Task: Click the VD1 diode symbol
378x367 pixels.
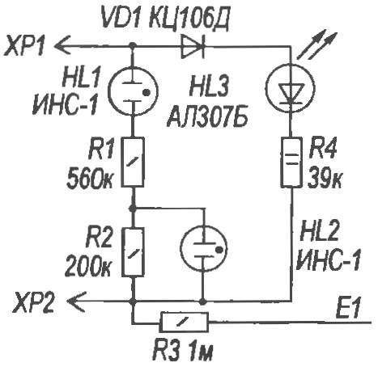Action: tap(193, 47)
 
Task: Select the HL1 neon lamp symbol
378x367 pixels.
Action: tap(133, 91)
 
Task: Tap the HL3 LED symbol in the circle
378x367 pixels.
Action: tap(291, 88)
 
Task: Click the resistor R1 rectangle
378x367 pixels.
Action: tap(133, 162)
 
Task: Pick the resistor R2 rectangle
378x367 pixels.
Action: tap(133, 252)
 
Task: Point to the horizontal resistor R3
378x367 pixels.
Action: tap(185, 323)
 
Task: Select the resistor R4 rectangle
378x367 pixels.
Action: tap(291, 162)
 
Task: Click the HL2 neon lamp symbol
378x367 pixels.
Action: tap(204, 248)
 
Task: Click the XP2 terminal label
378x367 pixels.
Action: tap(34, 301)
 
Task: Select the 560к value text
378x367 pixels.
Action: tap(90, 178)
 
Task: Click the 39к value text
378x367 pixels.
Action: tap(325, 178)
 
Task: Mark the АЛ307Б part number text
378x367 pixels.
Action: tap(206, 117)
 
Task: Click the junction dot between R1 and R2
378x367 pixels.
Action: tap(132, 208)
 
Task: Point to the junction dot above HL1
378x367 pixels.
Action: tap(132, 46)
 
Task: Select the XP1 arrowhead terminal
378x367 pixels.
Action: tap(62, 46)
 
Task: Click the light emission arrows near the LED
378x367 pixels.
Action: tap(317, 45)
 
